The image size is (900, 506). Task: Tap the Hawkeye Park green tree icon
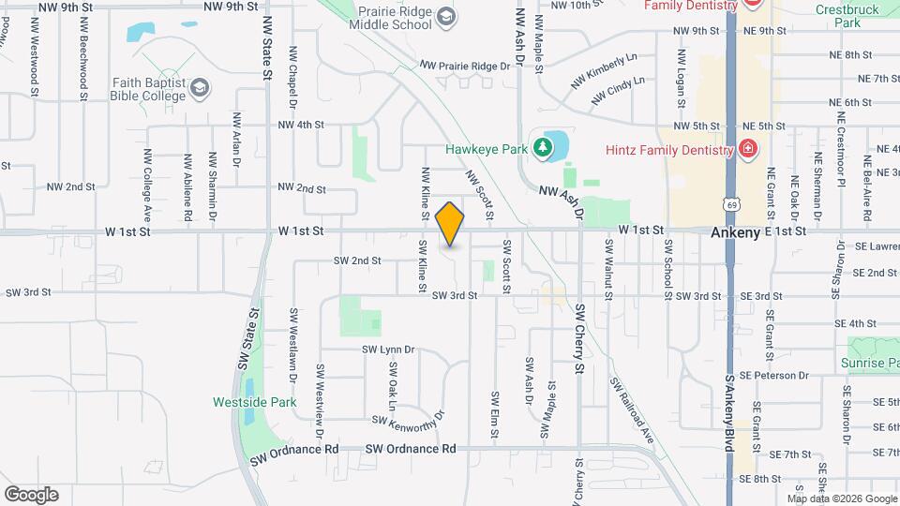[x=541, y=147]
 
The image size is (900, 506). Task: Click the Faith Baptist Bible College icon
[x=199, y=89]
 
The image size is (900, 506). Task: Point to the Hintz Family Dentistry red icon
[x=747, y=148]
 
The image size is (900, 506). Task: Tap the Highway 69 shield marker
[x=731, y=202]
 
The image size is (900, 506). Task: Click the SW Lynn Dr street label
[x=388, y=350]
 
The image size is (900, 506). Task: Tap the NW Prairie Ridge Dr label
[x=471, y=66]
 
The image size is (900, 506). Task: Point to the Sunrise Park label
[x=870, y=363]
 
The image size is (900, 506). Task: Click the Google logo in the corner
[x=31, y=494]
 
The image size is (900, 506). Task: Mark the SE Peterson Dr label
[x=773, y=375]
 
